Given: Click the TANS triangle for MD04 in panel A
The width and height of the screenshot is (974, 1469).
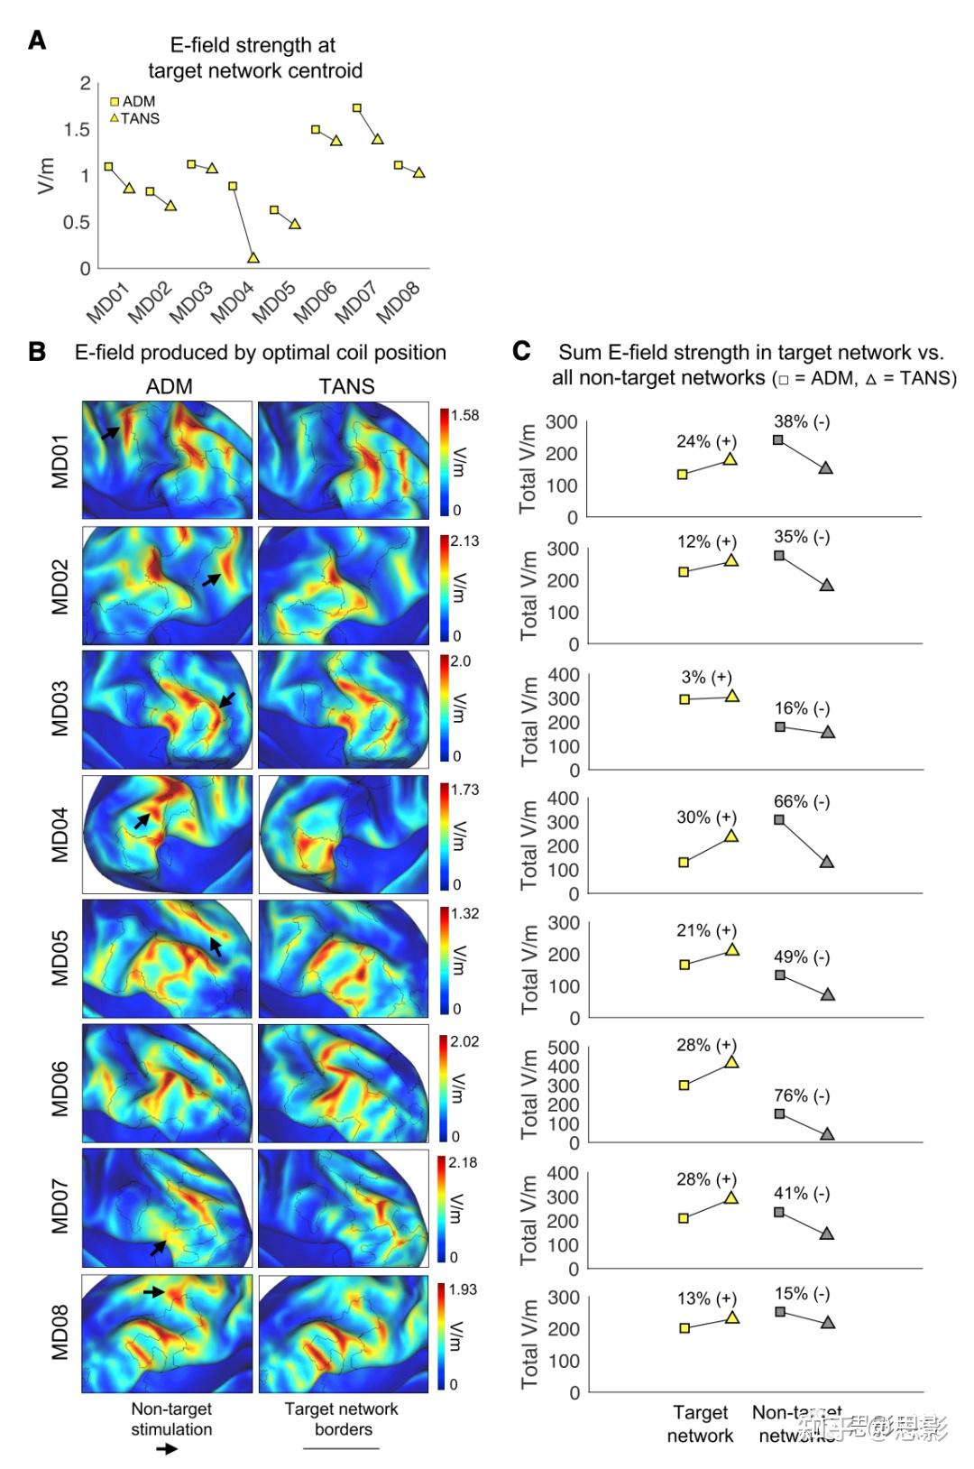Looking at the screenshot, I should pyautogui.click(x=253, y=257).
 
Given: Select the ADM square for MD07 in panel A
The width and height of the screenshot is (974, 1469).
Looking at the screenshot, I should pyautogui.click(x=357, y=108).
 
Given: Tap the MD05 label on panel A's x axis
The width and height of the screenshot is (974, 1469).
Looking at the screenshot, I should pyautogui.click(x=273, y=302).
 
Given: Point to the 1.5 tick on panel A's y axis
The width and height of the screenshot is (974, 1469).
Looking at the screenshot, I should pyautogui.click(x=77, y=130).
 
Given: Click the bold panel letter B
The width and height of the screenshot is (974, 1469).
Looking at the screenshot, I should pyautogui.click(x=37, y=352).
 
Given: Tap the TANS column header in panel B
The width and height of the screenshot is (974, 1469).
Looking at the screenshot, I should pyautogui.click(x=346, y=386).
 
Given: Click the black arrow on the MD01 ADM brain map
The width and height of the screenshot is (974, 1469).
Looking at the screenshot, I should pyautogui.click(x=109, y=433).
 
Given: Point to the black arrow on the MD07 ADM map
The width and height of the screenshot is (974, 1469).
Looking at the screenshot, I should pyautogui.click(x=159, y=1247).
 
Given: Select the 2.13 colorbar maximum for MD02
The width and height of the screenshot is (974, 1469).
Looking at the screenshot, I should pyautogui.click(x=464, y=541).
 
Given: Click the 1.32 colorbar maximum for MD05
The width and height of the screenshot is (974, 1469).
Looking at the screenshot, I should pyautogui.click(x=464, y=914).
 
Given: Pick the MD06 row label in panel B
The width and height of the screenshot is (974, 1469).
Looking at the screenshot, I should pyautogui.click(x=60, y=1089).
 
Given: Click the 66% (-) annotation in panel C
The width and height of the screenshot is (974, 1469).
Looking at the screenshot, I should pyautogui.click(x=802, y=801).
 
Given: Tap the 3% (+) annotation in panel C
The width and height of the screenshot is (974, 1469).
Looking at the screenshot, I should pyautogui.click(x=706, y=677).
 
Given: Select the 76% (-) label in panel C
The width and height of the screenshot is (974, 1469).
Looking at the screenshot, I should pyautogui.click(x=802, y=1095).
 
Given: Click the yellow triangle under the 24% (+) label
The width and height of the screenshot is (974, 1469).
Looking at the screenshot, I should pyautogui.click(x=730, y=459).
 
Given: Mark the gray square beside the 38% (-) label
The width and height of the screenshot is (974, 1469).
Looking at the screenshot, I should pyautogui.click(x=778, y=440).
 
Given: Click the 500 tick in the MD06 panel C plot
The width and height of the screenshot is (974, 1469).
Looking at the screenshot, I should pyautogui.click(x=563, y=1048).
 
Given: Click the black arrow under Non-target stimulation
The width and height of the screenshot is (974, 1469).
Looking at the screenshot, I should pyautogui.click(x=167, y=1449).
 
